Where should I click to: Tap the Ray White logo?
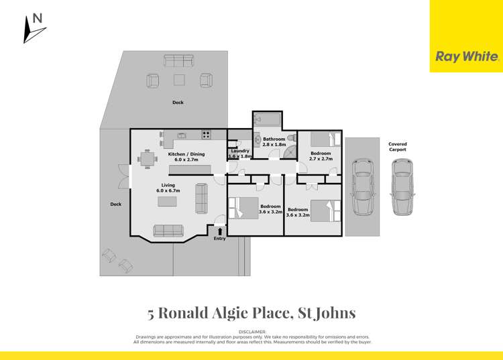[467, 57]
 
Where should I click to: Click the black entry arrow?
[219, 231]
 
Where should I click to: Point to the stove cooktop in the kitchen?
[207, 135]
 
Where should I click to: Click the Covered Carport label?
[397, 146]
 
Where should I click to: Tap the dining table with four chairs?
[148, 160]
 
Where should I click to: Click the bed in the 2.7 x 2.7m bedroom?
[327, 139]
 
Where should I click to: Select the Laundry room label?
[240, 151]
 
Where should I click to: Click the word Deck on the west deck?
[116, 204]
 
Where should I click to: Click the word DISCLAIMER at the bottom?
[251, 332]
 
